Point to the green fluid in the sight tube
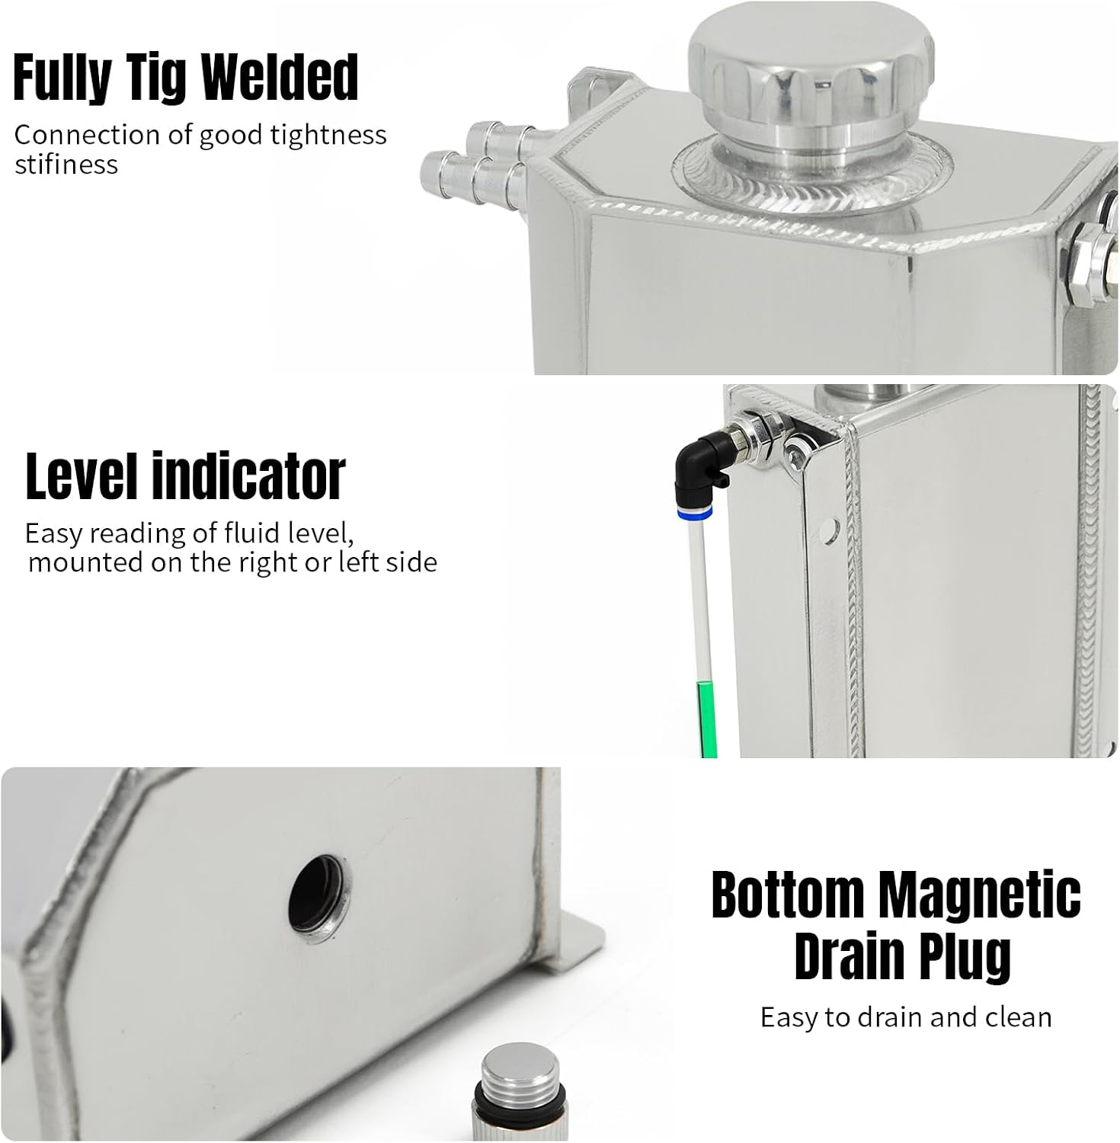[708, 719]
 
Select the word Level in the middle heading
[83, 476]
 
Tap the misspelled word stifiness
[66, 165]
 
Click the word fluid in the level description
[251, 533]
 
